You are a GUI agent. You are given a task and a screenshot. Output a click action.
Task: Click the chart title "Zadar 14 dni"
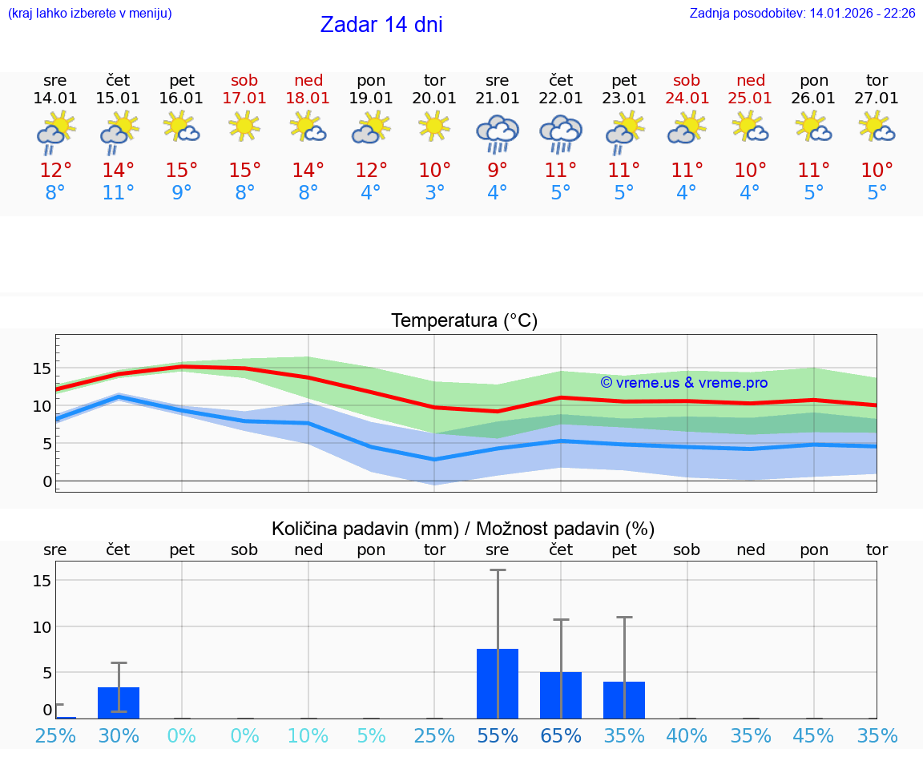coord(381,25)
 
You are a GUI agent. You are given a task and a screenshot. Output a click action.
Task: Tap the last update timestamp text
coord(802,14)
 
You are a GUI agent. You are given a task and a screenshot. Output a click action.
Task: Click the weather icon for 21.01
coord(498,133)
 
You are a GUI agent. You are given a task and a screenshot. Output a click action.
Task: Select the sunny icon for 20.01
coord(434,127)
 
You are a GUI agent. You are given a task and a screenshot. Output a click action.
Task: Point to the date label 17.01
coord(244,99)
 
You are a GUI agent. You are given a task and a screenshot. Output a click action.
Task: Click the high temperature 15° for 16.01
coord(182,171)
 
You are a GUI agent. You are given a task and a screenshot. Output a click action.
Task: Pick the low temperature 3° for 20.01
coord(434,193)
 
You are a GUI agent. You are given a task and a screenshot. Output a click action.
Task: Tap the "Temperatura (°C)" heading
coord(464,321)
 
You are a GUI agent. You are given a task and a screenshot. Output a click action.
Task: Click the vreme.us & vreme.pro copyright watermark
coord(684,383)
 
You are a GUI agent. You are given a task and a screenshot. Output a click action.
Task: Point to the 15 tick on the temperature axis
coord(42,368)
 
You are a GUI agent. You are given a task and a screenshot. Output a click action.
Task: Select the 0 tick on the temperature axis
coord(46,481)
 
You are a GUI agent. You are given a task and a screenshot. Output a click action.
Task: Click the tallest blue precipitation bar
coord(498,683)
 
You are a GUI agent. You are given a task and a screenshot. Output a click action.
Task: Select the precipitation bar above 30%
coord(119,702)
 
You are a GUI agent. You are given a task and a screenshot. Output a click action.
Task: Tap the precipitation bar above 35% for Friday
coord(624,699)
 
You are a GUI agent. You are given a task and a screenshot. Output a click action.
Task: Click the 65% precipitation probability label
coord(561,735)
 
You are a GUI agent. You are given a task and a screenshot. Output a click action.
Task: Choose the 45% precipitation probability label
coord(814,735)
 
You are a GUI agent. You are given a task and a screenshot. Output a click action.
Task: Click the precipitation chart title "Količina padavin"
coord(463,529)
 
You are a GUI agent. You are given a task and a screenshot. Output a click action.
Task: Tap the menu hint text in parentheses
coord(90,14)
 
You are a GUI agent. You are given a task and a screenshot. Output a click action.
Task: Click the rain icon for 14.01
coord(55,133)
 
